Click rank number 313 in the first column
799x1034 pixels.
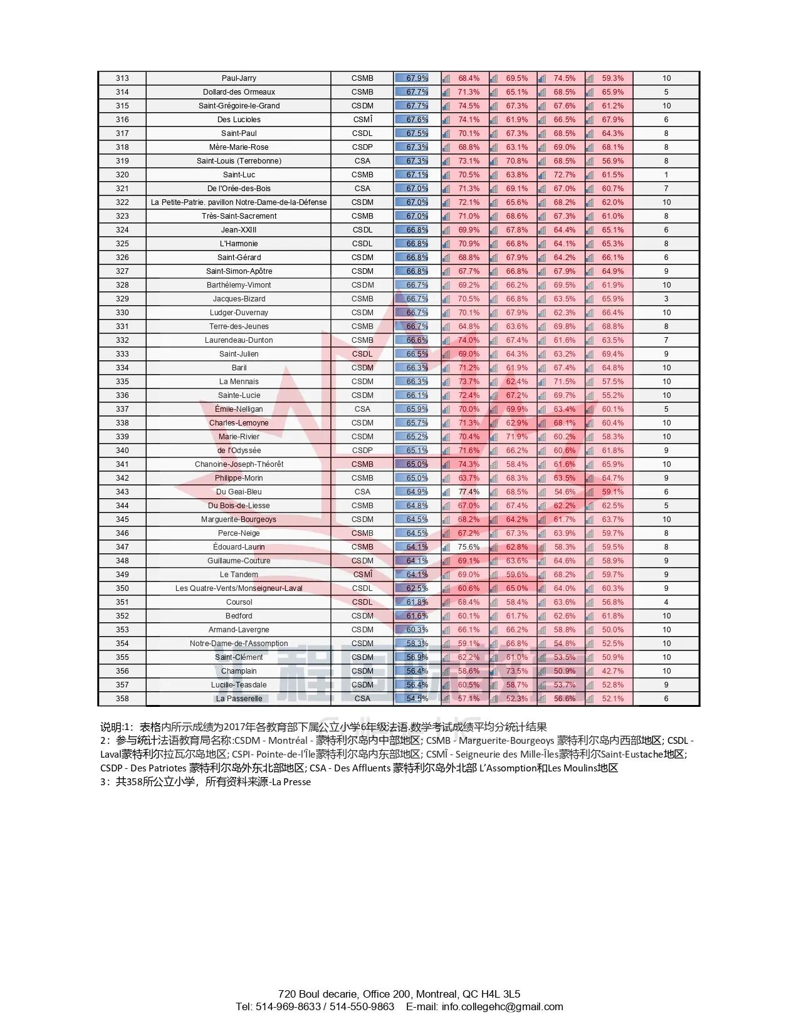[122, 78]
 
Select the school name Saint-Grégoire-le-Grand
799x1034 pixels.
[239, 106]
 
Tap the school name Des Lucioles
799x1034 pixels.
[239, 120]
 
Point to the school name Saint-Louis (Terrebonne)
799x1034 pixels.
[239, 161]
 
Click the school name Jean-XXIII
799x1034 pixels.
[239, 230]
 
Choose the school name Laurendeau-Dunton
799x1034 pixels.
[239, 340]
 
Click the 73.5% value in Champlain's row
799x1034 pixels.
[517, 671]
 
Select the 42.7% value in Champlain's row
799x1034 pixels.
[613, 671]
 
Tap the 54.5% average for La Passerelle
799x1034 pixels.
[417, 699]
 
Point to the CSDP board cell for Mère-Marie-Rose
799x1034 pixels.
[362, 147]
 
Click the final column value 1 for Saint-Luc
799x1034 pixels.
[666, 175]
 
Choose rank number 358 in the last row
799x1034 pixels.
[122, 699]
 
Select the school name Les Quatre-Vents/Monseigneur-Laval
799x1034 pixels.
[239, 588]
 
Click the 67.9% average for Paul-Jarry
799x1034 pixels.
[417, 78]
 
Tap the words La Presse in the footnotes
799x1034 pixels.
[291, 782]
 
